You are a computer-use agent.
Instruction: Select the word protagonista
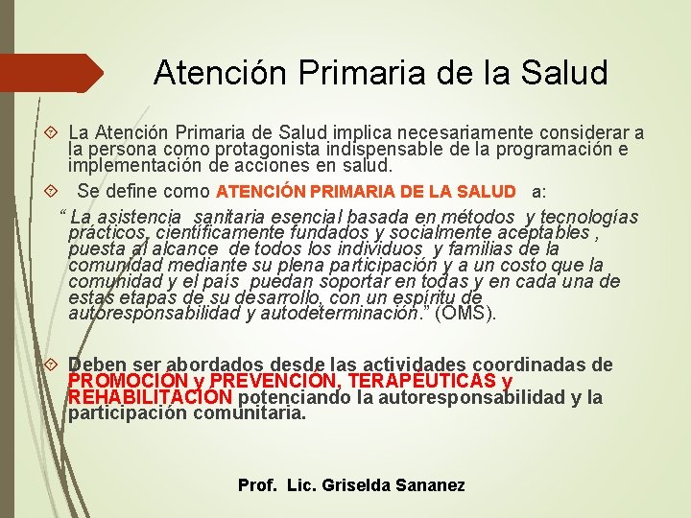(x=290, y=150)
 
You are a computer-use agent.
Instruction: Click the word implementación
(x=122, y=165)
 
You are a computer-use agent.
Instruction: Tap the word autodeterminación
(x=346, y=313)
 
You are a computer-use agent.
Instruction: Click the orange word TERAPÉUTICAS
(x=422, y=382)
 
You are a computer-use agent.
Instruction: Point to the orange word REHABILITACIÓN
(x=150, y=397)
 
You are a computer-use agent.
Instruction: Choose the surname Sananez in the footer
(x=430, y=485)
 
